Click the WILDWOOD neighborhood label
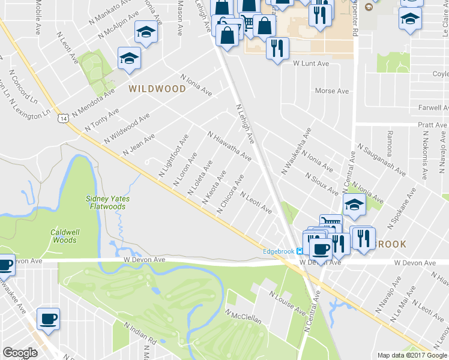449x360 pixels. (157, 89)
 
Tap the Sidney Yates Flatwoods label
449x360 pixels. (109, 203)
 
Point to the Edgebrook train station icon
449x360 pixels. (299, 251)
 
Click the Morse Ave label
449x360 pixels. (332, 91)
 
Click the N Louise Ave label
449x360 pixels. (288, 304)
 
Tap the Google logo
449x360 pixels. (20, 353)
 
